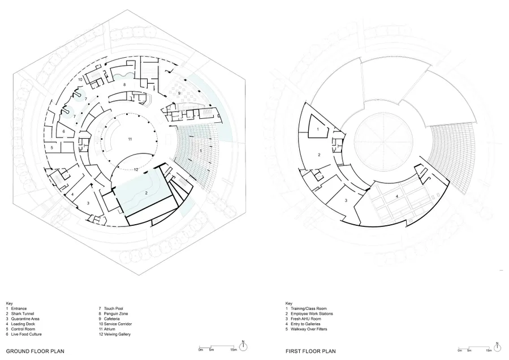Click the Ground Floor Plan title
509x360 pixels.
pos(36,352)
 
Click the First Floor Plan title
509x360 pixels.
pos(310,352)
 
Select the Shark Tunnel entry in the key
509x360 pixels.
pos(20,314)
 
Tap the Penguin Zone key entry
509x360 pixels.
pos(114,314)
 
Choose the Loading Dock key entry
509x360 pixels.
pos(20,324)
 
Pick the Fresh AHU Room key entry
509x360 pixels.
pos(303,319)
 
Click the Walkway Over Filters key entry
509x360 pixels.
pos(307,329)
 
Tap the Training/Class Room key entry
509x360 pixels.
pos(306,308)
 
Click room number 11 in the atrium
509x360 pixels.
pos(130,139)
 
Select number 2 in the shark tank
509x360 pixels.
pos(146,193)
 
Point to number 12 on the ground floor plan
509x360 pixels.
pos(136,169)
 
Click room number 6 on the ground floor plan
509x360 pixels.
pos(63,131)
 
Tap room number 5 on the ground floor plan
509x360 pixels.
pos(52,148)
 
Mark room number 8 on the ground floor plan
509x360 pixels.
pos(124,84)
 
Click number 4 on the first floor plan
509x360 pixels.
pos(396,196)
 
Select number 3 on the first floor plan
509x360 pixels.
pos(346,200)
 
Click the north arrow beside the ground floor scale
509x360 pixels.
pos(243,345)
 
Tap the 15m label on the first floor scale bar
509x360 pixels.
pos(488,350)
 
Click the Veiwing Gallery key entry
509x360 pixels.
pos(115,334)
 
